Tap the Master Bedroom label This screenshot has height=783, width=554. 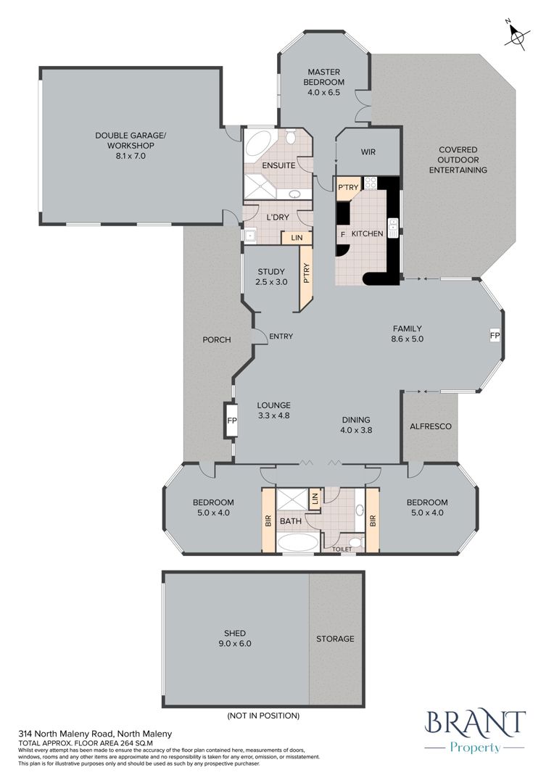point(323,82)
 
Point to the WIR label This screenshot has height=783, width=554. point(368,152)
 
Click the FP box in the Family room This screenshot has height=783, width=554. point(495,336)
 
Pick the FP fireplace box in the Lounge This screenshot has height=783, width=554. point(232,420)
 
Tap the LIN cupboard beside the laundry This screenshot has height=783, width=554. point(297,238)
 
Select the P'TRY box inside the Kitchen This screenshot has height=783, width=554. point(347,188)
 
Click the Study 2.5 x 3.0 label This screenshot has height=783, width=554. point(271,277)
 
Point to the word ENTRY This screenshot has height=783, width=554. point(281,336)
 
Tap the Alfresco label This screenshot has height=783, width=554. point(431,426)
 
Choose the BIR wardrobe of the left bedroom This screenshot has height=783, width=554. point(268,521)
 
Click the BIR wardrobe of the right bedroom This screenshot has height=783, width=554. point(373,521)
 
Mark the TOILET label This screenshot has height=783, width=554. point(342,550)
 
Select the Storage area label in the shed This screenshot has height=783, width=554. point(335,639)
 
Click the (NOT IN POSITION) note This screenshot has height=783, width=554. point(263,716)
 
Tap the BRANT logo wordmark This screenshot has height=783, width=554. point(475,723)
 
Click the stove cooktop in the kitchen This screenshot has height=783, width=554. point(370,183)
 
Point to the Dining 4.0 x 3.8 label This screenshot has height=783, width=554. point(356,425)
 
